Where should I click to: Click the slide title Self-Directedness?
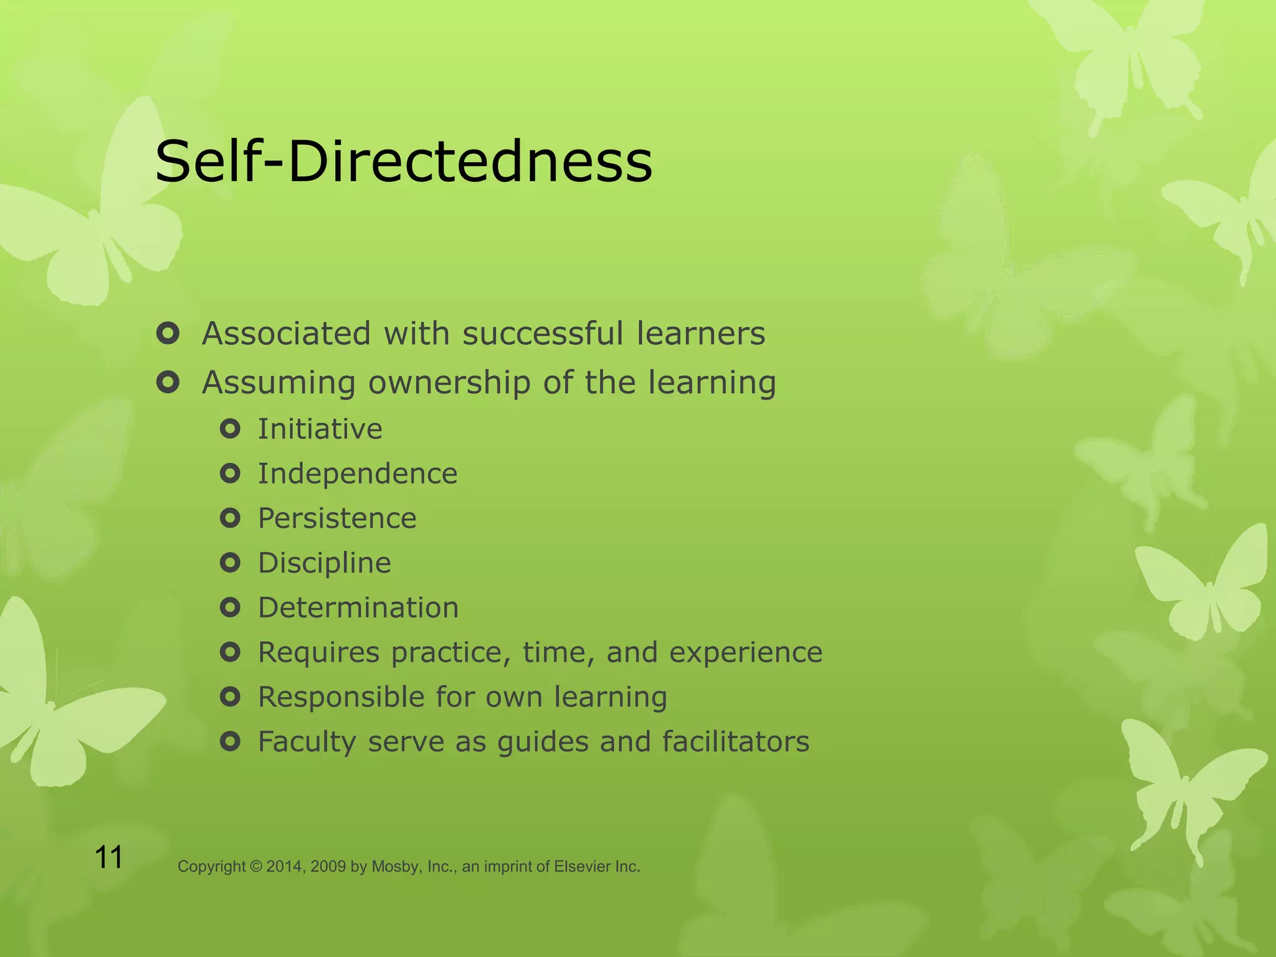tap(404, 161)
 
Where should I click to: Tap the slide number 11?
tap(108, 857)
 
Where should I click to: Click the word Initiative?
tap(320, 429)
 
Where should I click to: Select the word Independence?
tap(358, 474)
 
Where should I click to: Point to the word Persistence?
tap(337, 518)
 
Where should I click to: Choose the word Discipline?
tap(325, 563)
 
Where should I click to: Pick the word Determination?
tap(358, 607)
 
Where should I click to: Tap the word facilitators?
tap(735, 741)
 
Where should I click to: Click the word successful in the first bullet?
tap(542, 333)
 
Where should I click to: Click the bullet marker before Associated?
tap(168, 333)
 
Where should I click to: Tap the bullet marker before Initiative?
tap(230, 429)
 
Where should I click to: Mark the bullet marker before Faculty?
tap(230, 741)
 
